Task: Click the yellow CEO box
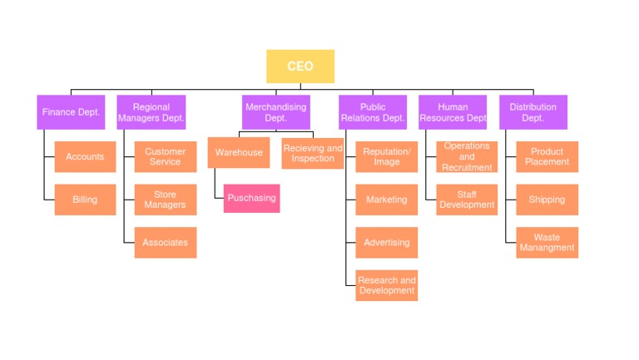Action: [x=300, y=67]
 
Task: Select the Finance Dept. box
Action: [x=71, y=112]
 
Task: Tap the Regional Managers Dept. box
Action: [x=151, y=112]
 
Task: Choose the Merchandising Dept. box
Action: [x=275, y=112]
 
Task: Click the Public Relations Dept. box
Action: [x=372, y=112]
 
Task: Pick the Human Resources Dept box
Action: [x=453, y=112]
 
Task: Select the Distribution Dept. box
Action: [x=532, y=112]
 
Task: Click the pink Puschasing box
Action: [x=251, y=199]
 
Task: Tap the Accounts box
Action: [x=85, y=156]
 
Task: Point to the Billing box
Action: [x=85, y=200]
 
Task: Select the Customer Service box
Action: [x=165, y=156]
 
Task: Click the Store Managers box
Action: [x=165, y=200]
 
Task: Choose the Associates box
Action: [x=165, y=243]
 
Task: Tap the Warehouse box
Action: [x=239, y=153]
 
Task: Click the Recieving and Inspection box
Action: [x=312, y=153]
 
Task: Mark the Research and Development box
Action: [x=386, y=285]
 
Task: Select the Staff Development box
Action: [x=466, y=200]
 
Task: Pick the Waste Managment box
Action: [x=547, y=243]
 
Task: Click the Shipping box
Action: [x=547, y=200]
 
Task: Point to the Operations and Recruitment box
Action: [x=466, y=156]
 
